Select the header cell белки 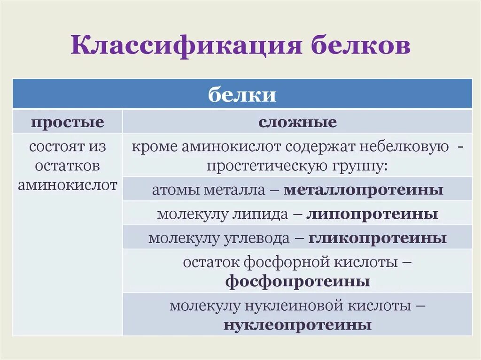point(242,95)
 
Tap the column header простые point(68,123)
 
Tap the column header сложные point(297,123)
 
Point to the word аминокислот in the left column point(68,185)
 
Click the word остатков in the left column point(68,166)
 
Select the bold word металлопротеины point(364,190)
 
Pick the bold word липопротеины point(372,214)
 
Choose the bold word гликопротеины point(377,238)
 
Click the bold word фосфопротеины point(297,282)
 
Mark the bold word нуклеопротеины point(297,325)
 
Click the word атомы point(170,190)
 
